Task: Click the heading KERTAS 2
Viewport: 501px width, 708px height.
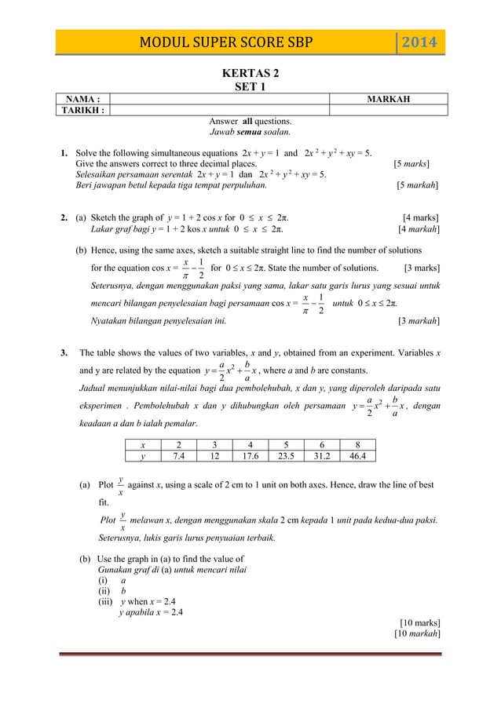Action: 250,73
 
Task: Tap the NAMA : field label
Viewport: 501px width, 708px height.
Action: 82,100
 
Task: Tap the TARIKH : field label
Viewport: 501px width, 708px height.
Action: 82,111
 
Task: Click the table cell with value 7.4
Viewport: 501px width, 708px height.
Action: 178,455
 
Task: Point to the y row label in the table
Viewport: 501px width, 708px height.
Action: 142,455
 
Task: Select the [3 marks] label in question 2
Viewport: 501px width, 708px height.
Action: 420,268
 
